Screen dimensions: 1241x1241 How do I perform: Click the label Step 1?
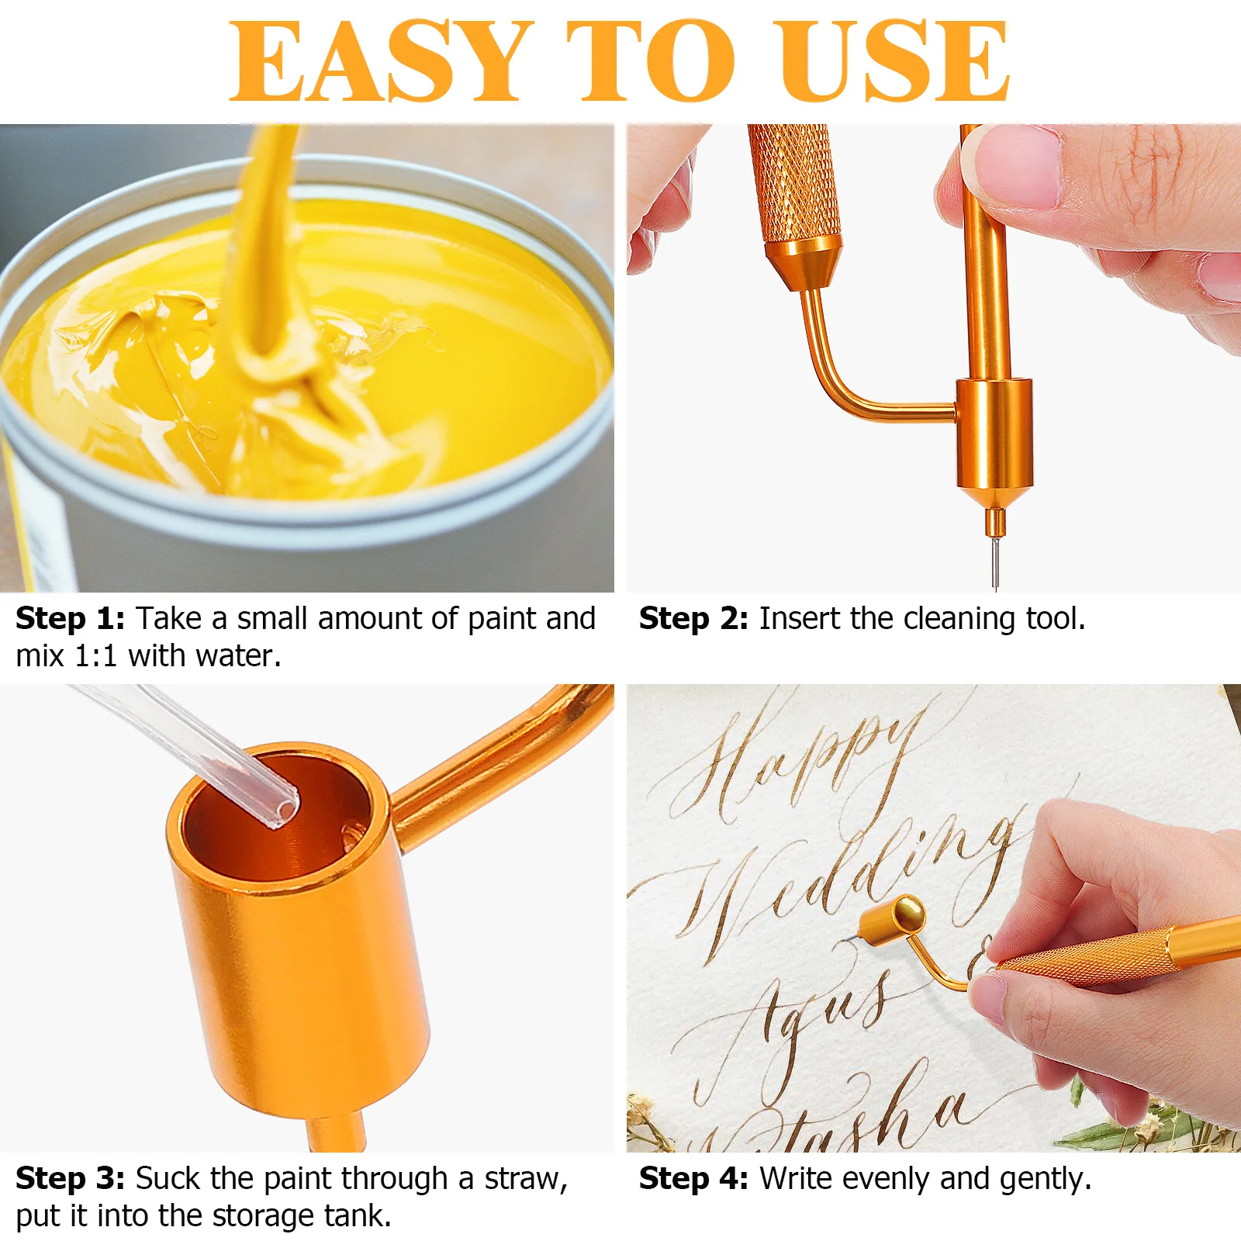(70, 619)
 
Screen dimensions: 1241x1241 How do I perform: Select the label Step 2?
(693, 619)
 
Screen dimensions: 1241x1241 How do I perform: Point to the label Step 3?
(70, 1178)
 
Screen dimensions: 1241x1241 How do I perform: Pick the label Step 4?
(693, 1179)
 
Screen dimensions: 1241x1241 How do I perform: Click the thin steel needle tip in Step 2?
(994, 562)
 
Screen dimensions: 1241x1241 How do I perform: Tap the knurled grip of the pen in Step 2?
(793, 182)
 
